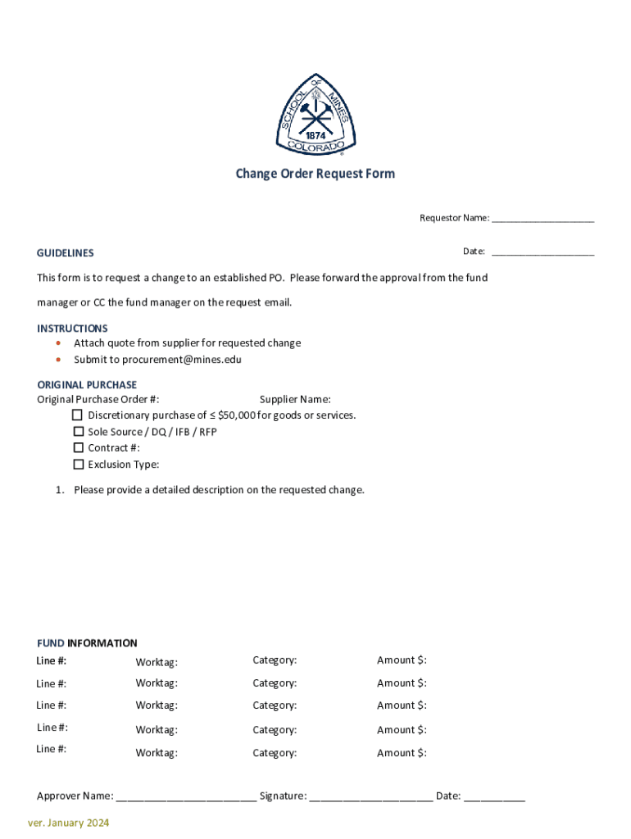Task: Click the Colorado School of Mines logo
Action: [x=315, y=114]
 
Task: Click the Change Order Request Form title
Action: [x=315, y=174]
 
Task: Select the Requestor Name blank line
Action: [x=542, y=219]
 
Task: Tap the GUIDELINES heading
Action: [x=65, y=253]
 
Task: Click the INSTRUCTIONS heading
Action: [x=72, y=328]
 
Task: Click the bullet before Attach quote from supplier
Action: [x=58, y=343]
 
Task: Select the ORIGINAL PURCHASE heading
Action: [x=87, y=384]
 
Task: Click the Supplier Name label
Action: [x=295, y=399]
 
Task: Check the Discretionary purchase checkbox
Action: [x=79, y=415]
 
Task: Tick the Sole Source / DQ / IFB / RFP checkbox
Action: [x=79, y=431]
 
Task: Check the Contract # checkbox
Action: [x=79, y=447]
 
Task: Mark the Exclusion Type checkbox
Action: [x=79, y=464]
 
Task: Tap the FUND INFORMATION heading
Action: [x=87, y=643]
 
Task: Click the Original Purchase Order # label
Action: [x=98, y=399]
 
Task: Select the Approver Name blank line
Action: [x=186, y=796]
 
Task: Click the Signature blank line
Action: [x=371, y=796]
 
